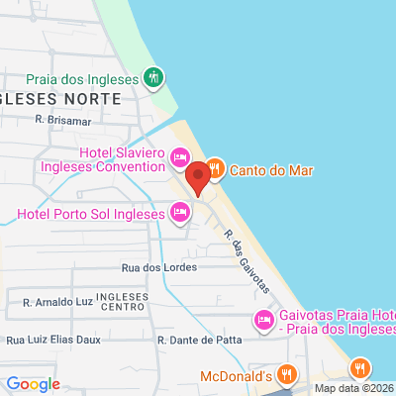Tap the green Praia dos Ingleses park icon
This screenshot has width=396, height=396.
pos(152,76)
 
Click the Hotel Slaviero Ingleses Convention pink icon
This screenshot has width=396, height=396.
pos(179,156)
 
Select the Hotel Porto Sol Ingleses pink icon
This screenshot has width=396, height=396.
pos(179,211)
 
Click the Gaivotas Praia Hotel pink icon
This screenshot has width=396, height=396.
pos(263,320)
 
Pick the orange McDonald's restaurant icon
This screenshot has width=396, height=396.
pos(286,375)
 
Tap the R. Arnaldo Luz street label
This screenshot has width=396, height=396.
pos(57,300)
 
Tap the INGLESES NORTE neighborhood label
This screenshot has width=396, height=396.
pos(61,99)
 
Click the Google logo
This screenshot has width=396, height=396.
pos(33,384)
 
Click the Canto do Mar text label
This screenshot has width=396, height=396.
pos(271,170)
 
